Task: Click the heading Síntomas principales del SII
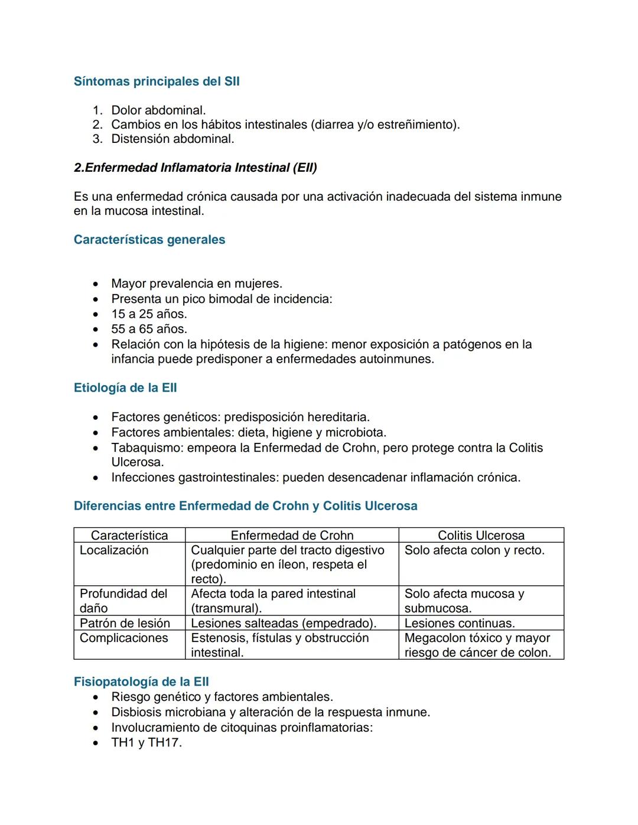(157, 81)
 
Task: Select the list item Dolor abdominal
(158, 110)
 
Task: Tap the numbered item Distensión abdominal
(172, 139)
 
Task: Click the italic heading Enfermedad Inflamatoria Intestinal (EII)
(196, 168)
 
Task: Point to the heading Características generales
(149, 240)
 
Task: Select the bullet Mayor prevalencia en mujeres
(197, 283)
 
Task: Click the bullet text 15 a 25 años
(149, 314)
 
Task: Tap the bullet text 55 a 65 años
(149, 329)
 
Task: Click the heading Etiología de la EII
(125, 388)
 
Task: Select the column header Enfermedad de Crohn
(292, 536)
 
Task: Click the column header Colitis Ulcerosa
(481, 536)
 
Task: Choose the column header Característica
(129, 536)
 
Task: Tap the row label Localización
(114, 550)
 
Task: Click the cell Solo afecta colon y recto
(474, 550)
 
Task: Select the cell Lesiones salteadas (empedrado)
(284, 623)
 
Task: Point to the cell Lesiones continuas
(460, 623)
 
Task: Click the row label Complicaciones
(124, 638)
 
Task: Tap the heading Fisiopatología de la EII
(141, 682)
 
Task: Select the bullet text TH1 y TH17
(147, 742)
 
